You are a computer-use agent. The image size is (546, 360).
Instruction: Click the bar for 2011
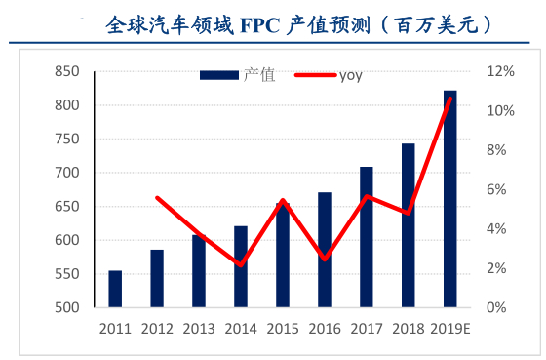pyautogui.click(x=115, y=289)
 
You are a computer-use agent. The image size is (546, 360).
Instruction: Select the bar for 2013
pyautogui.click(x=199, y=271)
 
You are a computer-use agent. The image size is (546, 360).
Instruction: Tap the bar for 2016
pyautogui.click(x=325, y=250)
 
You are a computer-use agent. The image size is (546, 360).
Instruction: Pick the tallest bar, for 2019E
pyautogui.click(x=449, y=199)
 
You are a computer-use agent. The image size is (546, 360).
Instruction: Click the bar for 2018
pyautogui.click(x=408, y=225)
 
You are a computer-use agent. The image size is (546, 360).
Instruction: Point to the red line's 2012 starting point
pyautogui.click(x=157, y=198)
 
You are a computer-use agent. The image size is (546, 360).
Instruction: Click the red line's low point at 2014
pyautogui.click(x=241, y=264)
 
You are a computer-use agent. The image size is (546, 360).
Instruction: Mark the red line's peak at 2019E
pyautogui.click(x=449, y=99)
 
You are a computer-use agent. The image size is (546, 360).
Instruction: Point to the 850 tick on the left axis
pyautogui.click(x=66, y=71)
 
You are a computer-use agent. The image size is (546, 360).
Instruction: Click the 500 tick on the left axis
pyautogui.click(x=66, y=308)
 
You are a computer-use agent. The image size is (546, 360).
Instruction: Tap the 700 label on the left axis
pyautogui.click(x=66, y=173)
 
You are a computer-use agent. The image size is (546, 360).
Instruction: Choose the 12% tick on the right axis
pyautogui.click(x=500, y=71)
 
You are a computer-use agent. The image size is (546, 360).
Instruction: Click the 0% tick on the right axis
pyautogui.click(x=497, y=308)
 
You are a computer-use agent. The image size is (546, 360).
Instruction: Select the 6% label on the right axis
pyautogui.click(x=497, y=189)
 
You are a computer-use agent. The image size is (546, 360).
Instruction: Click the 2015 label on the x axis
pyautogui.click(x=283, y=328)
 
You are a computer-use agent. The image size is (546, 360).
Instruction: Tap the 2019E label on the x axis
pyautogui.click(x=449, y=328)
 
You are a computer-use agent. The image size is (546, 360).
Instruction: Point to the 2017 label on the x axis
pyautogui.click(x=366, y=328)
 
